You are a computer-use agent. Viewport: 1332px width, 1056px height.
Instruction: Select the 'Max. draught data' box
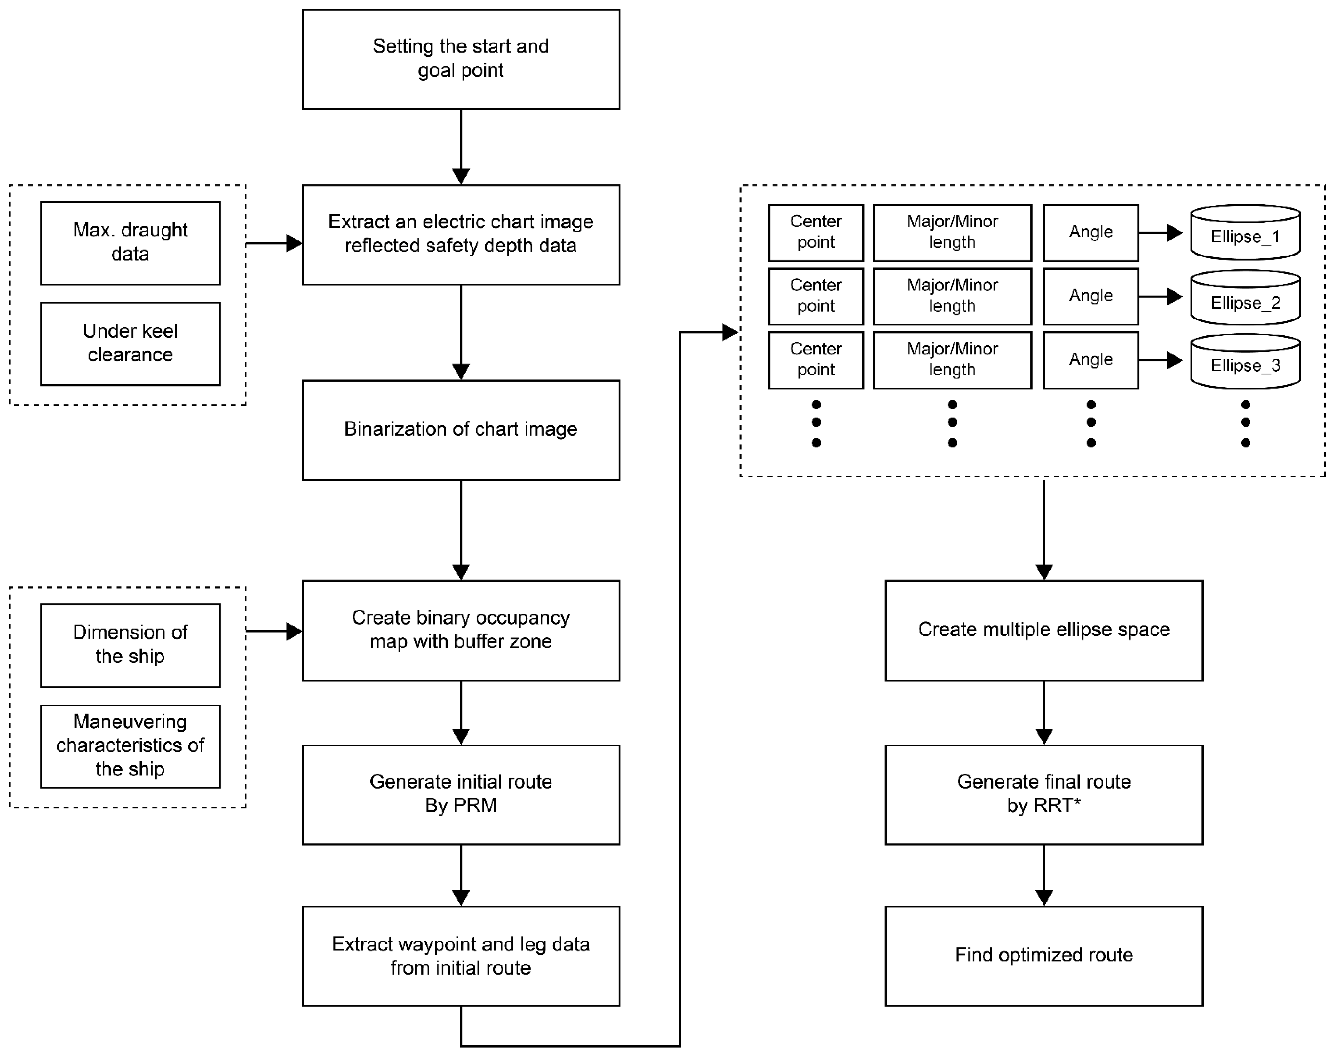(x=131, y=243)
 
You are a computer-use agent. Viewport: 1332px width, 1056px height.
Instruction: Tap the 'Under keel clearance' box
(x=131, y=343)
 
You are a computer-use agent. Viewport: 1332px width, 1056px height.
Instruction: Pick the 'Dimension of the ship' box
(x=131, y=645)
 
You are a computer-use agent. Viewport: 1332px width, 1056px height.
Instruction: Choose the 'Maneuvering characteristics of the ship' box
(x=131, y=746)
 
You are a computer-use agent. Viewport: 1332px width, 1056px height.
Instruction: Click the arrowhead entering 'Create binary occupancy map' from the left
(x=294, y=631)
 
